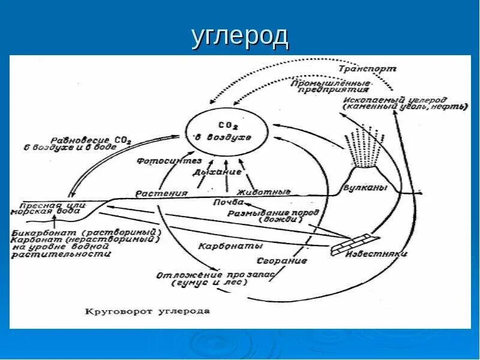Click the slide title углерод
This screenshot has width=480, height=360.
(x=240, y=37)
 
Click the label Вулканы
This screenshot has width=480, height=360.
(x=364, y=188)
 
